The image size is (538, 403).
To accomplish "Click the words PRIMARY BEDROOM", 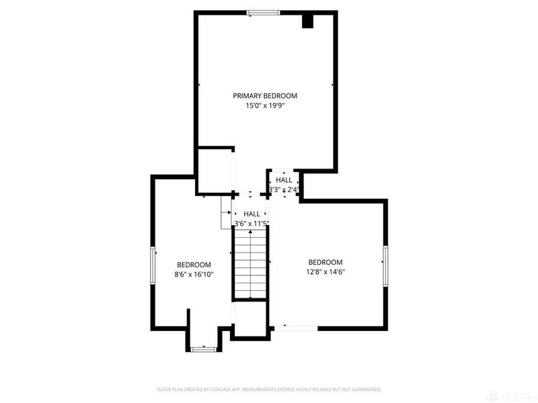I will click(x=265, y=96).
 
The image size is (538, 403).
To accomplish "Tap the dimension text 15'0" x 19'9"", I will click(x=265, y=106).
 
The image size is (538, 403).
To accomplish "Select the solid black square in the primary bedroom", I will click(x=308, y=21).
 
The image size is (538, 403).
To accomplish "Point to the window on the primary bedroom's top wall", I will click(x=263, y=12).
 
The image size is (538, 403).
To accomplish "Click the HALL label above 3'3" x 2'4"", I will click(x=284, y=181).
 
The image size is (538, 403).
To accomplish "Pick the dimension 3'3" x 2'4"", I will click(x=284, y=190).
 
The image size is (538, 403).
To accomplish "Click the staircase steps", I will click(x=251, y=263).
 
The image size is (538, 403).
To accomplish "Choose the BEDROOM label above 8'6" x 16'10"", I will click(x=194, y=265).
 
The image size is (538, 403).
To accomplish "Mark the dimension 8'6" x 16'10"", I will click(x=194, y=274).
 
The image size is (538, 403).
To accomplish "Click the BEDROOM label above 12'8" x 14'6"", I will click(x=325, y=263).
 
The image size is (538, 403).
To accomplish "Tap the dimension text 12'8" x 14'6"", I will click(x=325, y=272).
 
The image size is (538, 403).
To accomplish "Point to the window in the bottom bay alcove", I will click(x=202, y=349).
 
